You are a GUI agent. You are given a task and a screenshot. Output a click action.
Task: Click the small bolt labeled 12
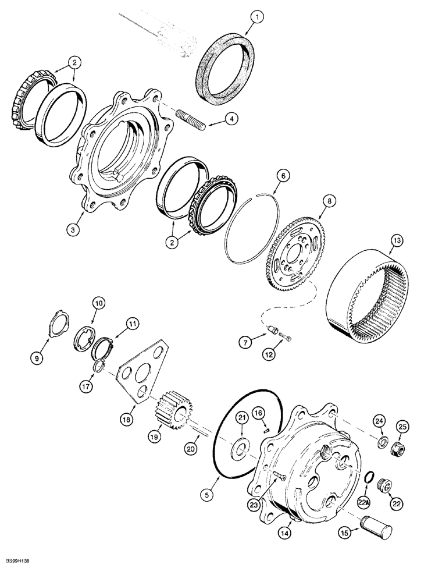pyautogui.click(x=285, y=338)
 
